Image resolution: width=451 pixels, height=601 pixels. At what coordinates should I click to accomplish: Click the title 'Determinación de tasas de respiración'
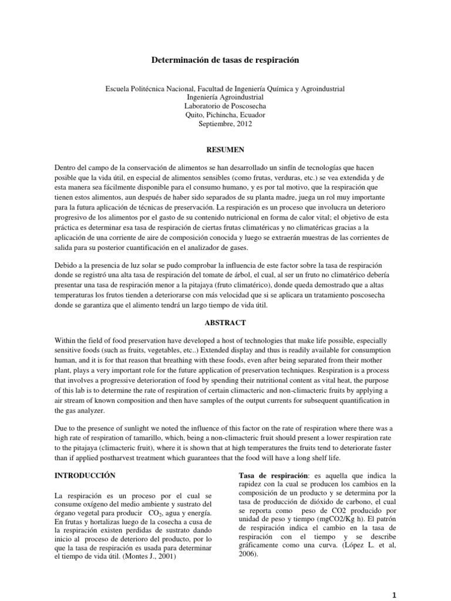(225, 60)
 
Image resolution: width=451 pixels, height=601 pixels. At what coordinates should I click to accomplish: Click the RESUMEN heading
(225, 150)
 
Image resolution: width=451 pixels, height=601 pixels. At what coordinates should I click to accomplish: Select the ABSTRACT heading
(225, 322)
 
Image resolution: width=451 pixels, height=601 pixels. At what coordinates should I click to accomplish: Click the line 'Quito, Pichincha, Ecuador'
(225, 115)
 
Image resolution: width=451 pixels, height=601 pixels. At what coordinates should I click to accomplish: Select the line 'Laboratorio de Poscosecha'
(225, 106)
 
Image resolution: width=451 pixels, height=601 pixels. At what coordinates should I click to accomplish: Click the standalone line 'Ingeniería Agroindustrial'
(225, 97)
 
